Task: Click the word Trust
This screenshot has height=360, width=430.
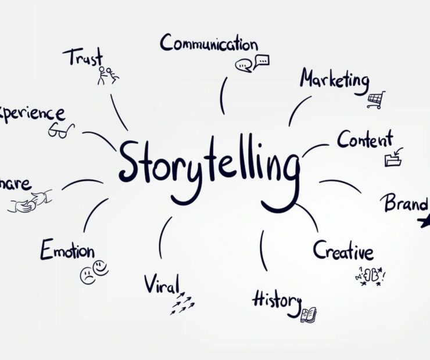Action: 83,57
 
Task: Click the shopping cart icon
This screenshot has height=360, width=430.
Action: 377,100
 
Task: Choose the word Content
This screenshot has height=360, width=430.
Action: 365,140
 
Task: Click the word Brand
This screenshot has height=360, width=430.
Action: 405,203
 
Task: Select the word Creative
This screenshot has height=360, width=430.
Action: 343,251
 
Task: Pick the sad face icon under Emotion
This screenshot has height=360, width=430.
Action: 88,275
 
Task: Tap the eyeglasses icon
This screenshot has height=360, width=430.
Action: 61,130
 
